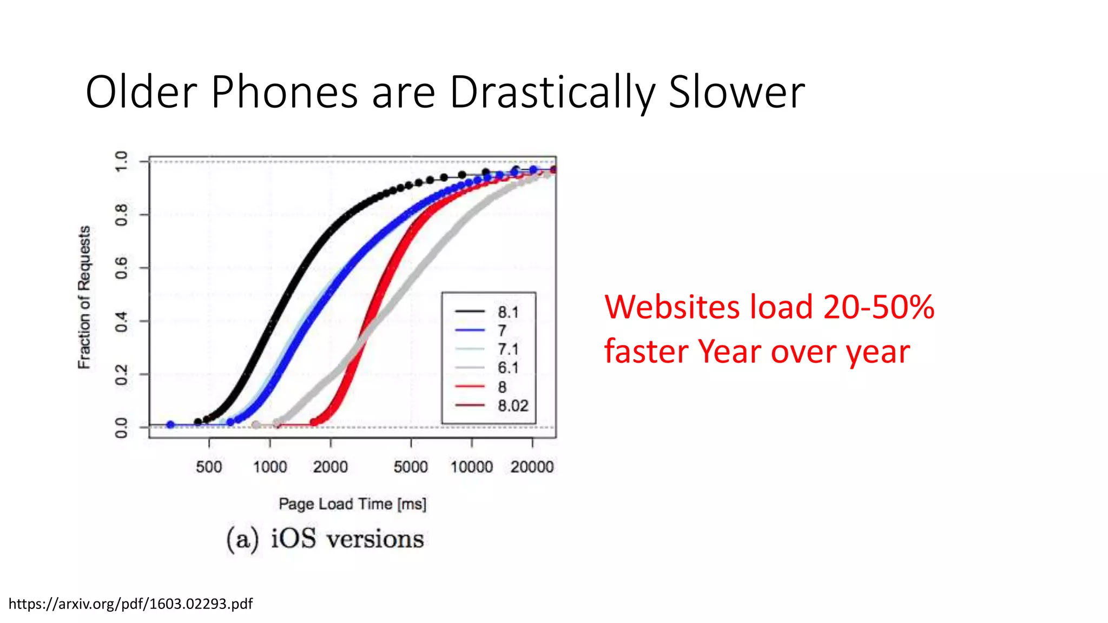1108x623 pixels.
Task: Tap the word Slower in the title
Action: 736,93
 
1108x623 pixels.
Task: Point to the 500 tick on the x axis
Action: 209,467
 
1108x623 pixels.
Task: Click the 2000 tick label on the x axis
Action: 330,467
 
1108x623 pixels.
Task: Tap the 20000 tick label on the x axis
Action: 532,467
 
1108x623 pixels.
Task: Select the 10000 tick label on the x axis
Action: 472,467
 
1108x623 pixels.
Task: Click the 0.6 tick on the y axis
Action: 122,268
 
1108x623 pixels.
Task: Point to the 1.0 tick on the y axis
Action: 122,161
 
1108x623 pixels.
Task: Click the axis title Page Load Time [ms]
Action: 352,504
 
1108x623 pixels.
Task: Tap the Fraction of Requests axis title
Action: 84,297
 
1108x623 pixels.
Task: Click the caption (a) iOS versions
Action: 325,539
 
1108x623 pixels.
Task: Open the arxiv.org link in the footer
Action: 130,604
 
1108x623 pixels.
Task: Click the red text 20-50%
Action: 879,307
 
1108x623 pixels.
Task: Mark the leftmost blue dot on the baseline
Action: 170,425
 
